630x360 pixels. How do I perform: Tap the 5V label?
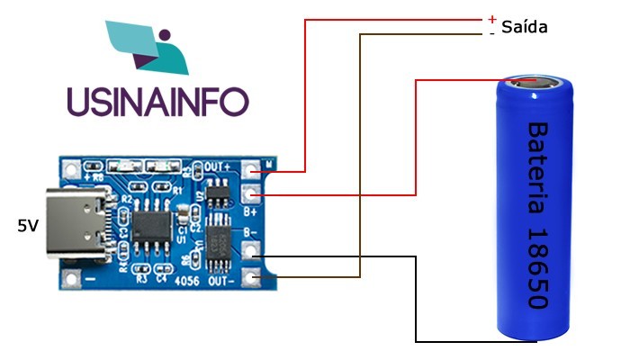[x=28, y=226]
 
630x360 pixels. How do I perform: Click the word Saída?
[x=524, y=27]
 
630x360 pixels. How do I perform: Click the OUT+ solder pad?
[x=252, y=168]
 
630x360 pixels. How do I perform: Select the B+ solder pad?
[x=252, y=191]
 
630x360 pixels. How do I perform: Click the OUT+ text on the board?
[x=219, y=167]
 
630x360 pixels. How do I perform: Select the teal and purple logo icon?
[x=148, y=45]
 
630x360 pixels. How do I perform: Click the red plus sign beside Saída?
[x=491, y=19]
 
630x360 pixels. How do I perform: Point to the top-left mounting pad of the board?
[x=70, y=168]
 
